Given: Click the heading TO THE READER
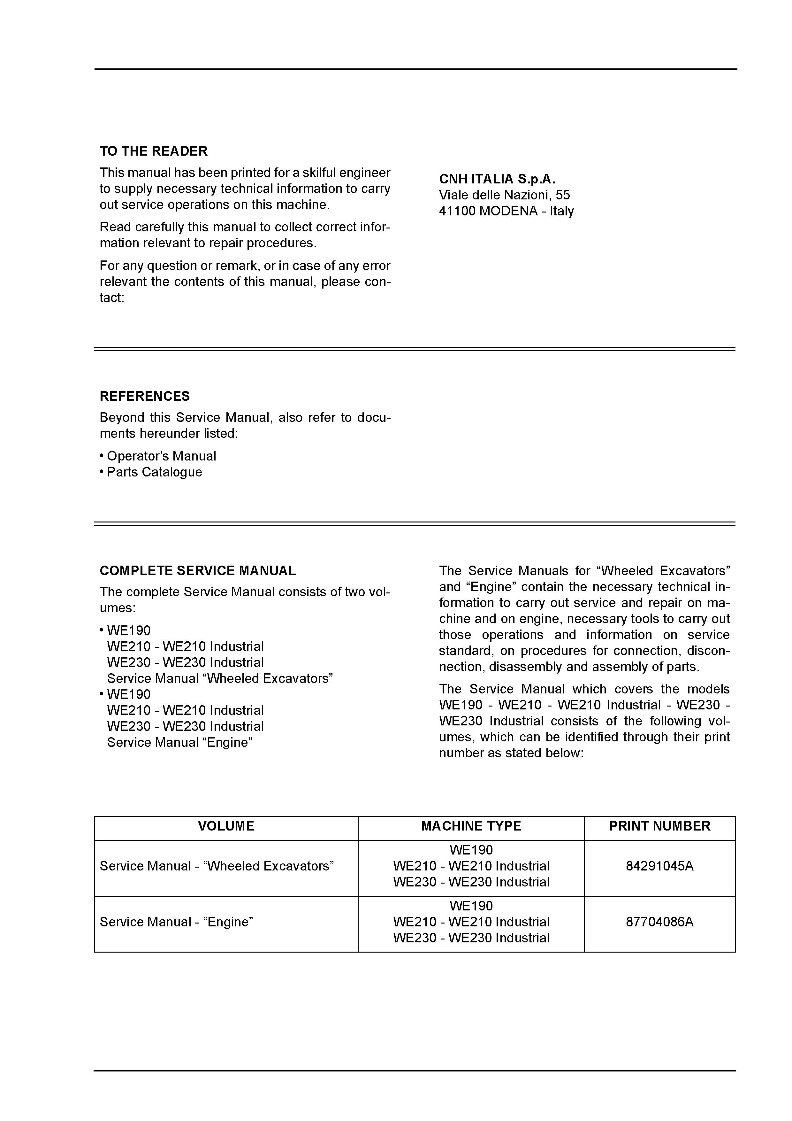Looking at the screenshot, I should coord(153,151).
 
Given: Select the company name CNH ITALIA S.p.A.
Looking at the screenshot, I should coord(497,179).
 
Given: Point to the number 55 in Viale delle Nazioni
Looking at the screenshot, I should coord(563,195).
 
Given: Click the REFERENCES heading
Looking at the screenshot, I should coord(144,396).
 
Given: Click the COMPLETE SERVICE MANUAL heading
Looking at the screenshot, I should coord(198,571).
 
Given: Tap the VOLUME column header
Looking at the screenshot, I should coord(226,826).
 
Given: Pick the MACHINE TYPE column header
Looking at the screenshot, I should coord(471,826).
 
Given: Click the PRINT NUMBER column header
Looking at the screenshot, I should coord(659,826).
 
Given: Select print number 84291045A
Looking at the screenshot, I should coord(659,866).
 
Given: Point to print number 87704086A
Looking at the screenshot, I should coord(659,922).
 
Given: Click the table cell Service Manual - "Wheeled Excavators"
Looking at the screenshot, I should coord(217,866).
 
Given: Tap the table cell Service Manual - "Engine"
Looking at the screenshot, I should coord(176,922).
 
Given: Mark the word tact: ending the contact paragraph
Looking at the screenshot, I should coord(112,298).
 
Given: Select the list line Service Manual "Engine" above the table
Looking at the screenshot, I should coord(179,743).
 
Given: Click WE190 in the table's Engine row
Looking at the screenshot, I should coord(471,906).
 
